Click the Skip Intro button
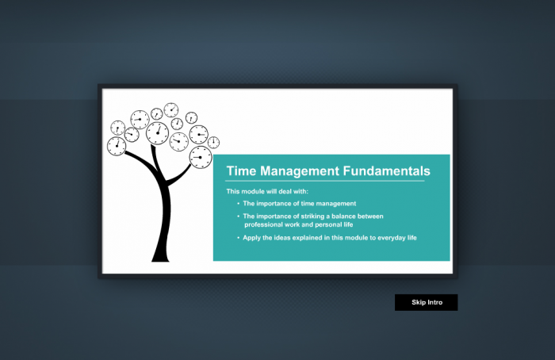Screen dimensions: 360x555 [426, 302]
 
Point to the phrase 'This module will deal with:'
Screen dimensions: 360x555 [267, 191]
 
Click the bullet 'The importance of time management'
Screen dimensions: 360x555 [300, 204]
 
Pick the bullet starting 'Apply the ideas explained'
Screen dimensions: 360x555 [329, 237]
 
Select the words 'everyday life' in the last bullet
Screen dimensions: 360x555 [395, 237]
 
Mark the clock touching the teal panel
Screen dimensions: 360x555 [201, 157]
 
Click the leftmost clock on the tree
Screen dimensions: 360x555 [117, 146]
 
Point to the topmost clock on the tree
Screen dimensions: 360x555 [171, 110]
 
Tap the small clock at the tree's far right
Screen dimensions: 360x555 [214, 142]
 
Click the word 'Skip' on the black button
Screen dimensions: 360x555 [419, 302]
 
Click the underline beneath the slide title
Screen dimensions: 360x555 [325, 182]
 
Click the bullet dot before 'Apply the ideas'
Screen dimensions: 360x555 [238, 238]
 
